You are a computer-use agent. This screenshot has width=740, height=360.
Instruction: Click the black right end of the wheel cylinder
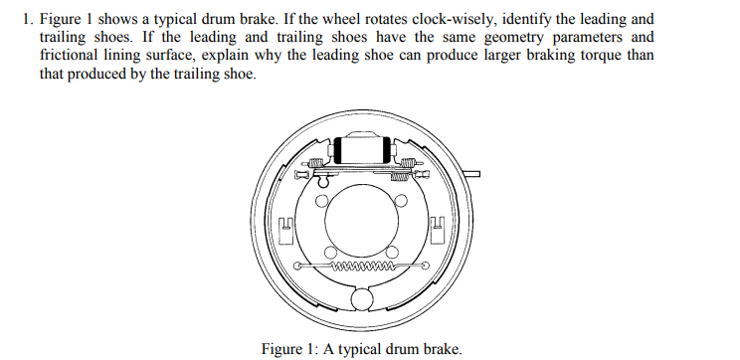tap(388, 150)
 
